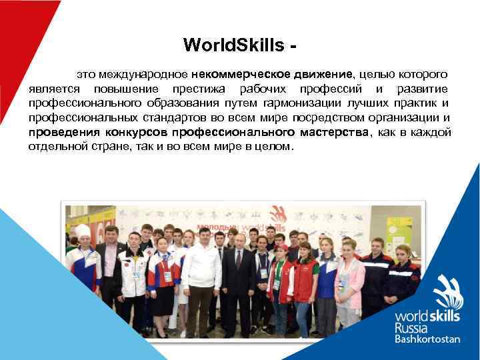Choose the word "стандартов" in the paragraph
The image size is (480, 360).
(x=174, y=118)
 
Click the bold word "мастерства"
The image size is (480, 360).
(x=334, y=133)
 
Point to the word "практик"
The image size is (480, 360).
(x=420, y=104)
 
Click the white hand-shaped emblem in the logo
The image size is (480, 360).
(x=447, y=292)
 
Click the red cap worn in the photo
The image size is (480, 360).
(x=281, y=248)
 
